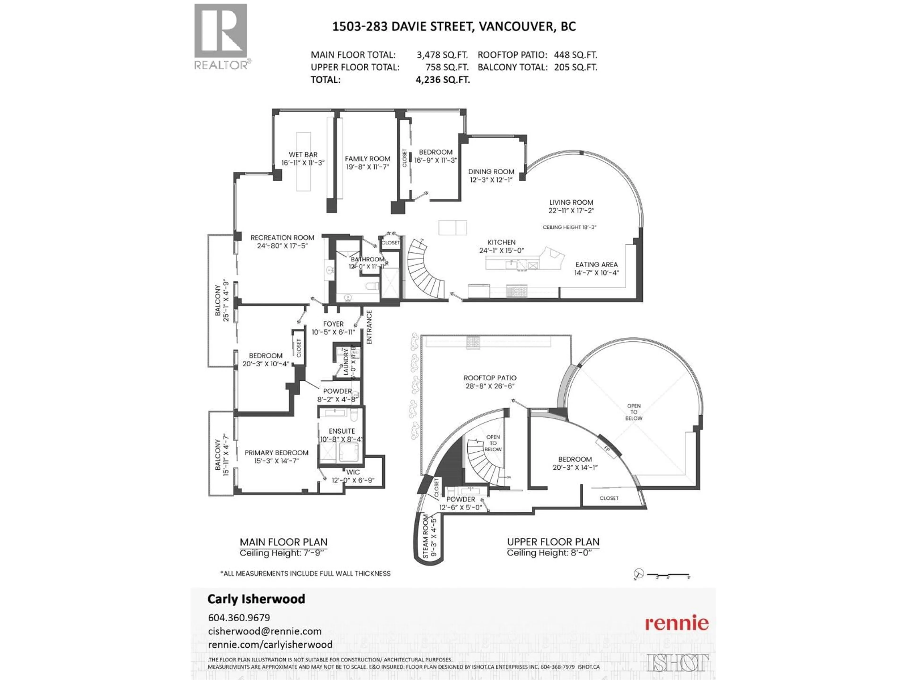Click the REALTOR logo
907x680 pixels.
pyautogui.click(x=221, y=37)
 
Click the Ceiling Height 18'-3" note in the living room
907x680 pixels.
pyautogui.click(x=569, y=227)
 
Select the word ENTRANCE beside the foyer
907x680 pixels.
pyautogui.click(x=369, y=327)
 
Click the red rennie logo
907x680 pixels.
pyautogui.click(x=676, y=623)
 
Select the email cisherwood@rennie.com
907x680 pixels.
pyautogui.click(x=265, y=631)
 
